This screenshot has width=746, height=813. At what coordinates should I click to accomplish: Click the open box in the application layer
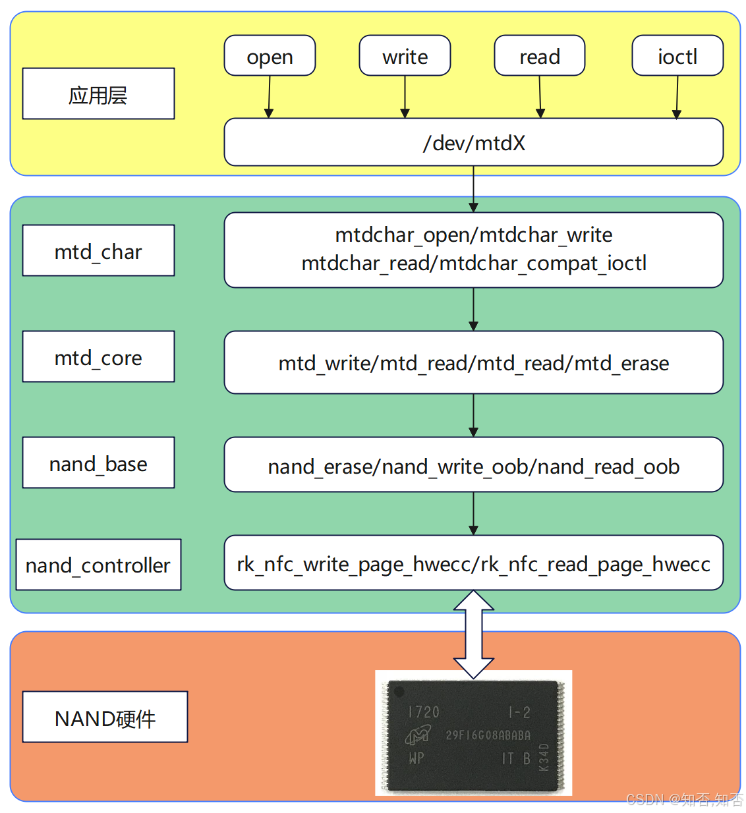pyautogui.click(x=270, y=56)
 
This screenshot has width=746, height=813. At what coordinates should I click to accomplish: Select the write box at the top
pyautogui.click(x=405, y=56)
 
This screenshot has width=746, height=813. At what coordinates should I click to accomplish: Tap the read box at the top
pyautogui.click(x=539, y=56)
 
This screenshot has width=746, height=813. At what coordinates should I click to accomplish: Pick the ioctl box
pyautogui.click(x=677, y=56)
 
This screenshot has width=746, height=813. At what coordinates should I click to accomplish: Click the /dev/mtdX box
pyautogui.click(x=473, y=142)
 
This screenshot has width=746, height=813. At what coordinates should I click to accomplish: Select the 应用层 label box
pyautogui.click(x=98, y=94)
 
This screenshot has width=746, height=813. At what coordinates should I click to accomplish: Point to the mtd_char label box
pyautogui.click(x=98, y=250)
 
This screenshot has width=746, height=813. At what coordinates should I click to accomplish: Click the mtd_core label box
pyautogui.click(x=98, y=356)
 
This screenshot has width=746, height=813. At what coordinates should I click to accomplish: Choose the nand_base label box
pyautogui.click(x=98, y=463)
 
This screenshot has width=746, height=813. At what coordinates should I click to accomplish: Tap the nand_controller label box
pyautogui.click(x=98, y=565)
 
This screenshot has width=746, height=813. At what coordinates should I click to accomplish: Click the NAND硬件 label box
pyautogui.click(x=105, y=717)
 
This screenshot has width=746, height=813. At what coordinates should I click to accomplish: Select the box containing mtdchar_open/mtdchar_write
pyautogui.click(x=473, y=250)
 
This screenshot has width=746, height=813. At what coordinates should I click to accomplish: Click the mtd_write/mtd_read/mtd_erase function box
pyautogui.click(x=473, y=362)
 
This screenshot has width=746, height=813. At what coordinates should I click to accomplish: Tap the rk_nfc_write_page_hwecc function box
pyautogui.click(x=473, y=563)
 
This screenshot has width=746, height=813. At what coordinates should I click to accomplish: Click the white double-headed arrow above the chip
pyautogui.click(x=473, y=634)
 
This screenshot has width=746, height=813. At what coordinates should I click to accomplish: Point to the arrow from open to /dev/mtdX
pyautogui.click(x=269, y=97)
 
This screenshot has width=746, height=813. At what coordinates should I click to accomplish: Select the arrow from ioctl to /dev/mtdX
pyautogui.click(x=677, y=97)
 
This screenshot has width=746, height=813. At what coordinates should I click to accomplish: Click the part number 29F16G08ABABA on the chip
pyautogui.click(x=488, y=735)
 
